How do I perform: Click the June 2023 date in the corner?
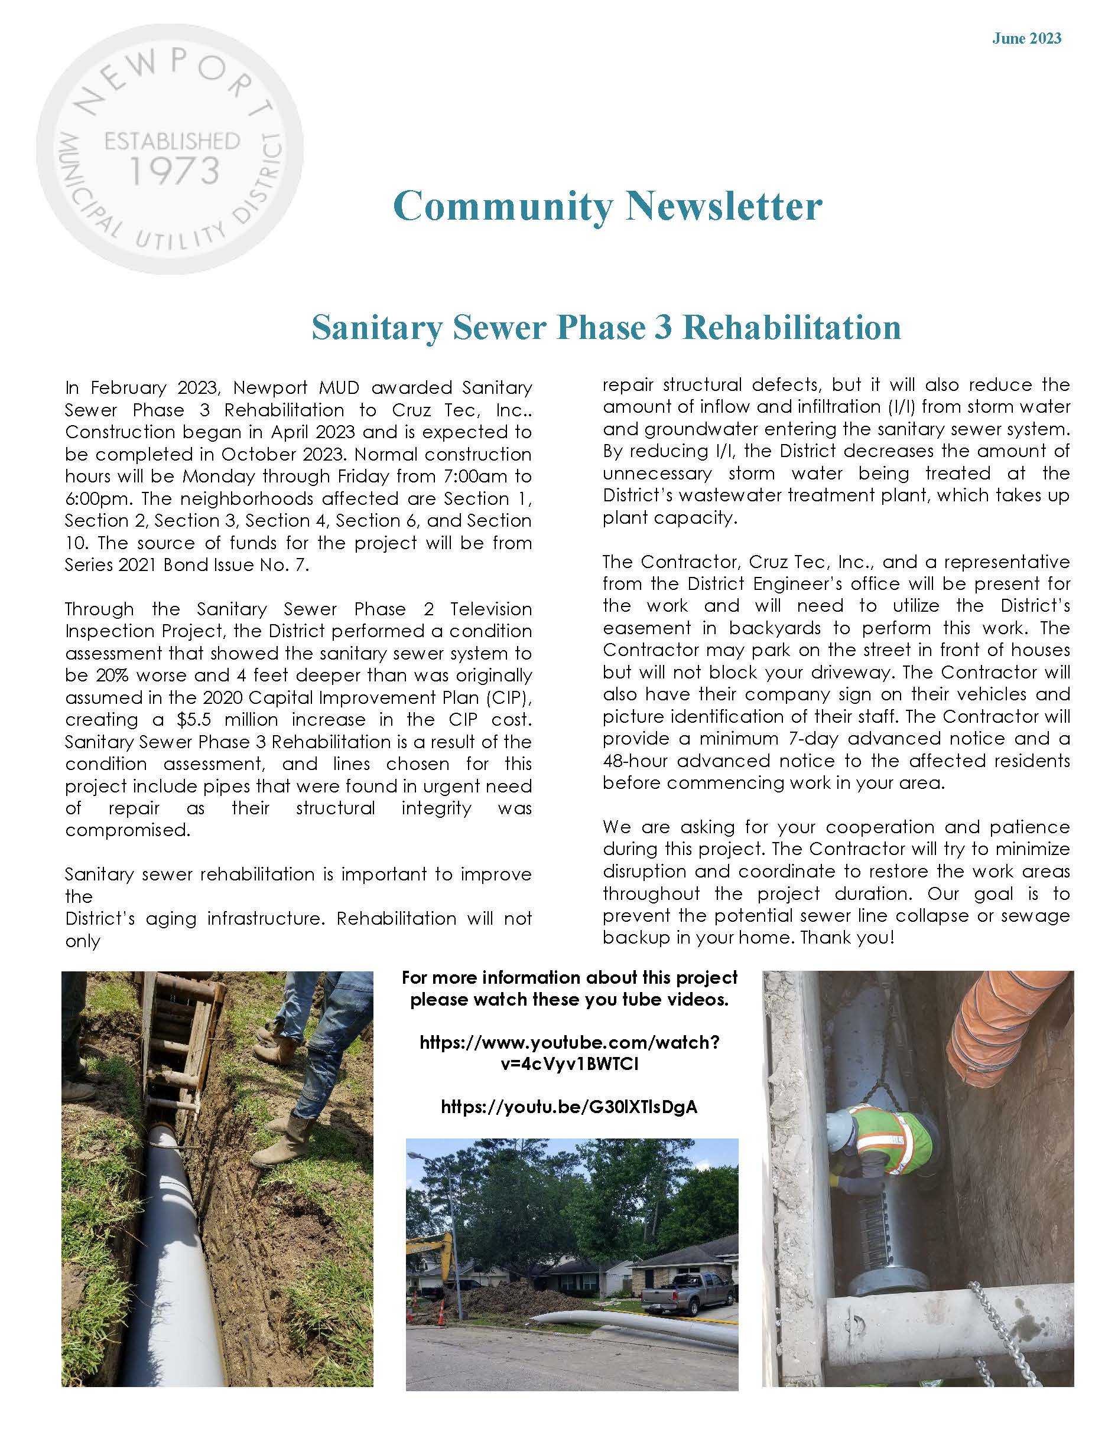[x=1026, y=38]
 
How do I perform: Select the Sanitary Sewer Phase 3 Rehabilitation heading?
[x=606, y=327]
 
